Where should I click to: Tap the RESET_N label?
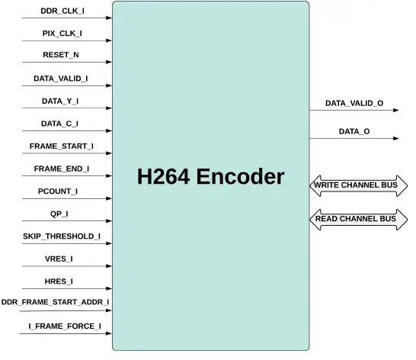point(62,56)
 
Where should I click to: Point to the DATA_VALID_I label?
point(60,79)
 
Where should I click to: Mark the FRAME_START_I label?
point(61,146)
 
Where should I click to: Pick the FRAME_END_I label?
point(62,169)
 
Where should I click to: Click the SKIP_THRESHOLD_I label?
point(62,236)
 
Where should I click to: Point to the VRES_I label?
point(59,259)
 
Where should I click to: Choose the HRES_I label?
point(59,281)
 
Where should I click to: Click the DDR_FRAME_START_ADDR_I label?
point(55,303)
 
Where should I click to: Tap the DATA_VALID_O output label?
point(354,102)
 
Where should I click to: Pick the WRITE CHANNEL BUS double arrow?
point(358,185)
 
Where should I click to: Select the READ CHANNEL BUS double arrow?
point(358,220)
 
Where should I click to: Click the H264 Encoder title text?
point(210,178)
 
